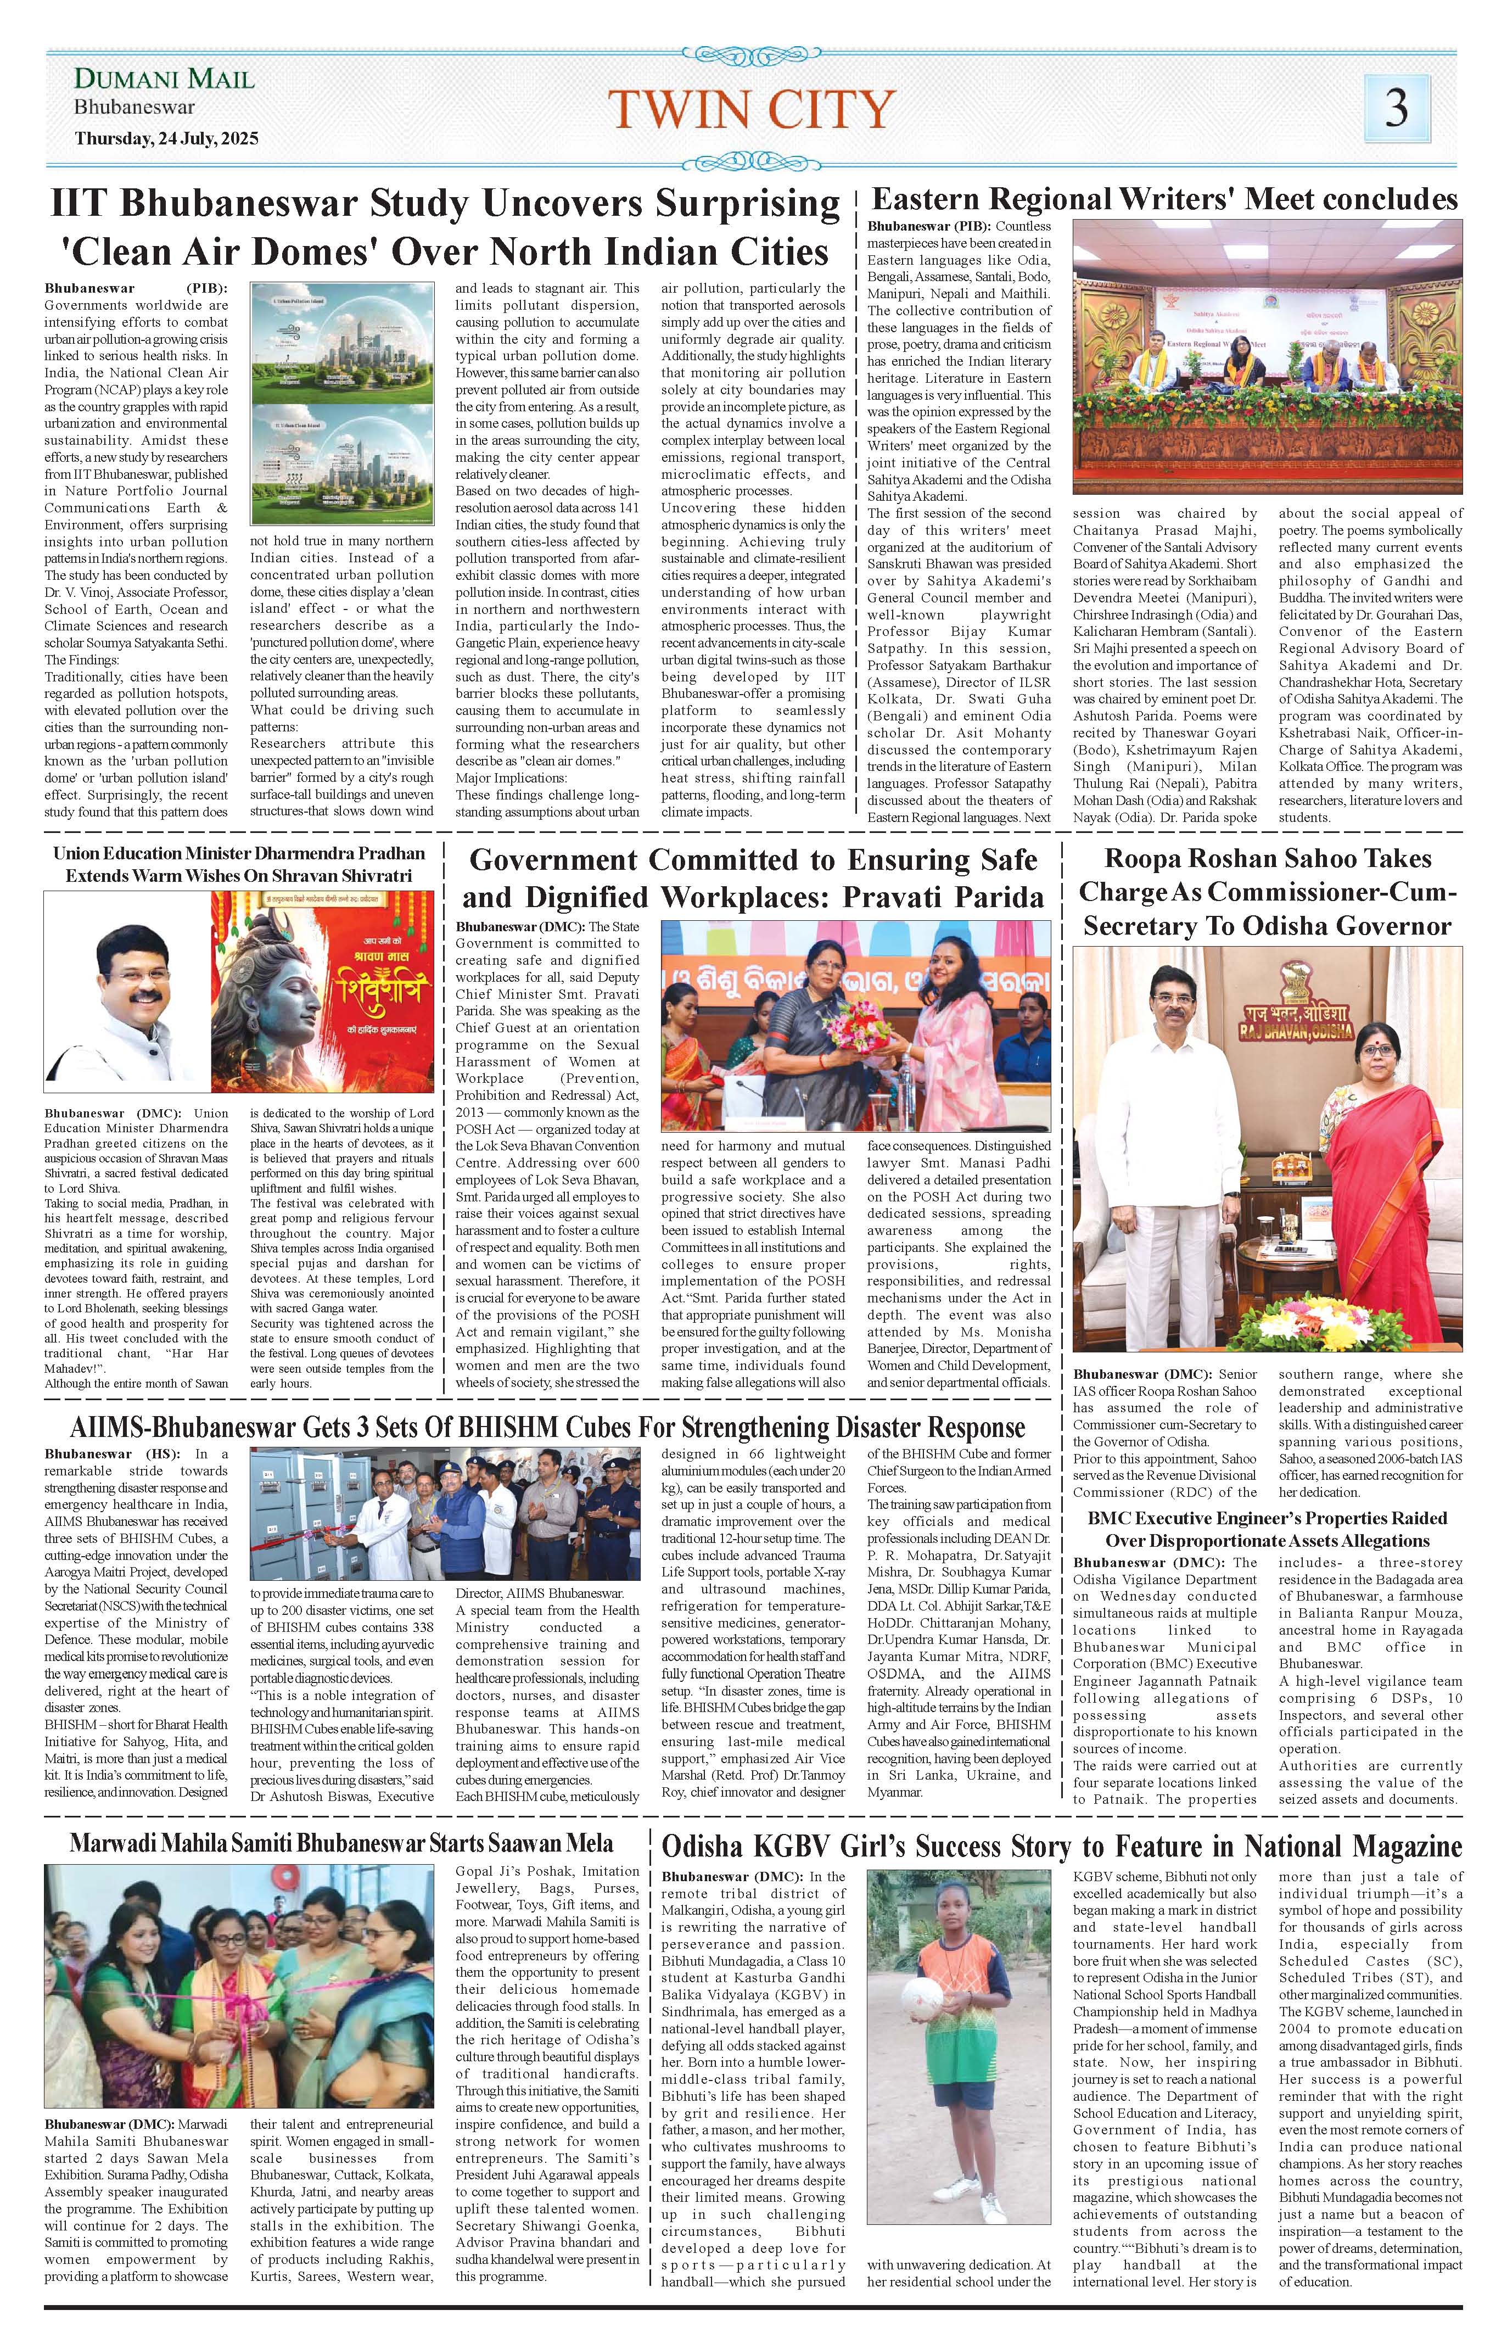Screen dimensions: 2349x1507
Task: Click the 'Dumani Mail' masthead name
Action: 164,79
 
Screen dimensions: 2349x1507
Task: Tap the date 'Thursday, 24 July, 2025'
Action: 166,139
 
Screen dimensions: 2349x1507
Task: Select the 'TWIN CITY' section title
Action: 752,110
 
